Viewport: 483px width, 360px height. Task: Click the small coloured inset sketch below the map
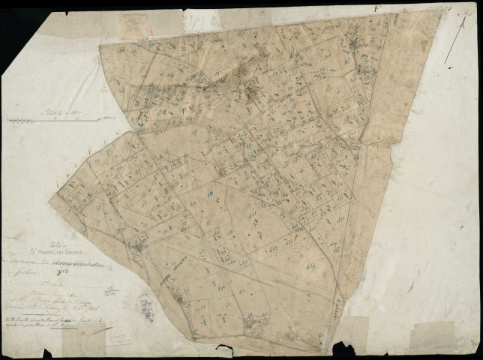[x=145, y=305]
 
